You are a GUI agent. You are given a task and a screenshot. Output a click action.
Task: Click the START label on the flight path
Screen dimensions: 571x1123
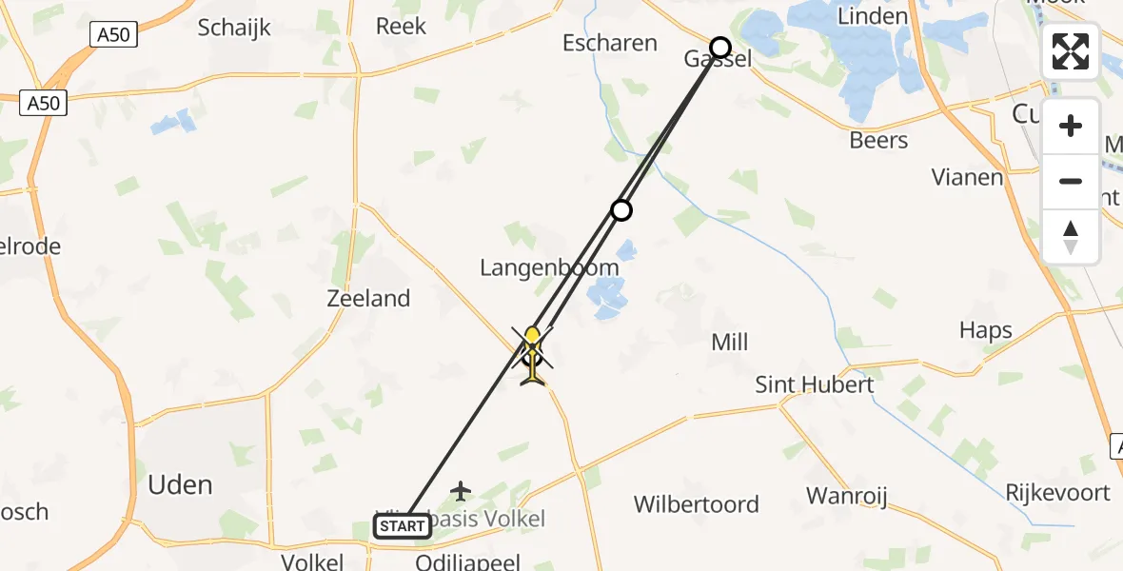tap(403, 525)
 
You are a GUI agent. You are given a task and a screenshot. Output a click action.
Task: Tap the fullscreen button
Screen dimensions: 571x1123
tap(1071, 51)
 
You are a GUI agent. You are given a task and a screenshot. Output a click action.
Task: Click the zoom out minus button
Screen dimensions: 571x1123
tap(1071, 181)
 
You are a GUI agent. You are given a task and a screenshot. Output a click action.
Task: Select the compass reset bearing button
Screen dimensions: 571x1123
tap(1071, 236)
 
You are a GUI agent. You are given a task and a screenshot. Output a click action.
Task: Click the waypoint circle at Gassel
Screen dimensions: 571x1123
tap(720, 48)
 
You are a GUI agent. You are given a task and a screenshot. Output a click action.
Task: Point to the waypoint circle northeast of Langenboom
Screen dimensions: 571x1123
tap(621, 209)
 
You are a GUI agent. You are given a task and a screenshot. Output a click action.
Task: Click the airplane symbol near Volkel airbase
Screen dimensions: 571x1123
tap(462, 491)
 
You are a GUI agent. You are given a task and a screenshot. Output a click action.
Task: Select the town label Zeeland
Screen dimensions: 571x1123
tap(368, 299)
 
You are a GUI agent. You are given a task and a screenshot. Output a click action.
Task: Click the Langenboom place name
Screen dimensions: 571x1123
tap(549, 268)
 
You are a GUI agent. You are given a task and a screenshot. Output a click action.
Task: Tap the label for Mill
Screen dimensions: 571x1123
tap(730, 343)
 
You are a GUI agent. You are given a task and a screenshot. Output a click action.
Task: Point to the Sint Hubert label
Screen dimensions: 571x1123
tap(815, 385)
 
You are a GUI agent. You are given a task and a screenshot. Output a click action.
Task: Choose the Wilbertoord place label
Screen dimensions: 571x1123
tap(697, 504)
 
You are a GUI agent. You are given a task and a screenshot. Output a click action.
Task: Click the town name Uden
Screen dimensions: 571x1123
tap(180, 485)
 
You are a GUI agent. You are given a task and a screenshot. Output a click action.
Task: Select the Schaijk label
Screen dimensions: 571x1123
tap(235, 28)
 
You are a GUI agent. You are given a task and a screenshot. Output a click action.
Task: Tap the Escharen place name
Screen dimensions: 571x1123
tap(610, 43)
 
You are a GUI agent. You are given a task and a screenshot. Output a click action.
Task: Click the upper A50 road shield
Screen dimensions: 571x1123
tap(114, 36)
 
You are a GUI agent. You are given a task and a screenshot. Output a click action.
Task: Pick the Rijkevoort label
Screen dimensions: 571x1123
tap(1057, 493)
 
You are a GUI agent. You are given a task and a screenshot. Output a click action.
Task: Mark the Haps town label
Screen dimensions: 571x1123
tap(986, 331)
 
